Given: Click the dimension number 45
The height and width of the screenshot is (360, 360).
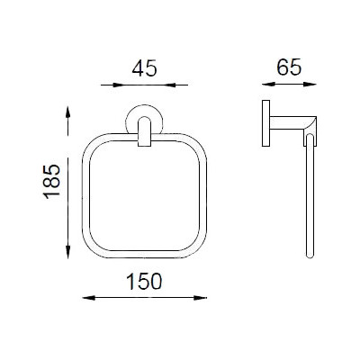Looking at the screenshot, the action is (144, 68).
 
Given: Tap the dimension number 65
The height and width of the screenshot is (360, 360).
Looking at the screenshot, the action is (289, 67).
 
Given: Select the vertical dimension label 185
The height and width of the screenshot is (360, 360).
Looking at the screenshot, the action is (52, 182).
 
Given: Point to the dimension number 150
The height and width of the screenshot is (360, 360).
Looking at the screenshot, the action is (144, 282).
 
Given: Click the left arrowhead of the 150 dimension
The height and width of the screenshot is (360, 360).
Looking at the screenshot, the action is (88, 298).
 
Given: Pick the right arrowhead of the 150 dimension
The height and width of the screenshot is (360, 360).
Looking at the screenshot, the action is (201, 298).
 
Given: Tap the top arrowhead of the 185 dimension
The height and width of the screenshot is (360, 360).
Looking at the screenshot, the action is (68, 112).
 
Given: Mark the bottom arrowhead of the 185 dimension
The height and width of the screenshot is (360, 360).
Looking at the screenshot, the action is (68, 252).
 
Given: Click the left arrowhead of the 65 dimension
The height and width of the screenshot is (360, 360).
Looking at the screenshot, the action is (268, 85).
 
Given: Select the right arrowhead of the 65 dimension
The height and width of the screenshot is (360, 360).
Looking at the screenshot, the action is (310, 85).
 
